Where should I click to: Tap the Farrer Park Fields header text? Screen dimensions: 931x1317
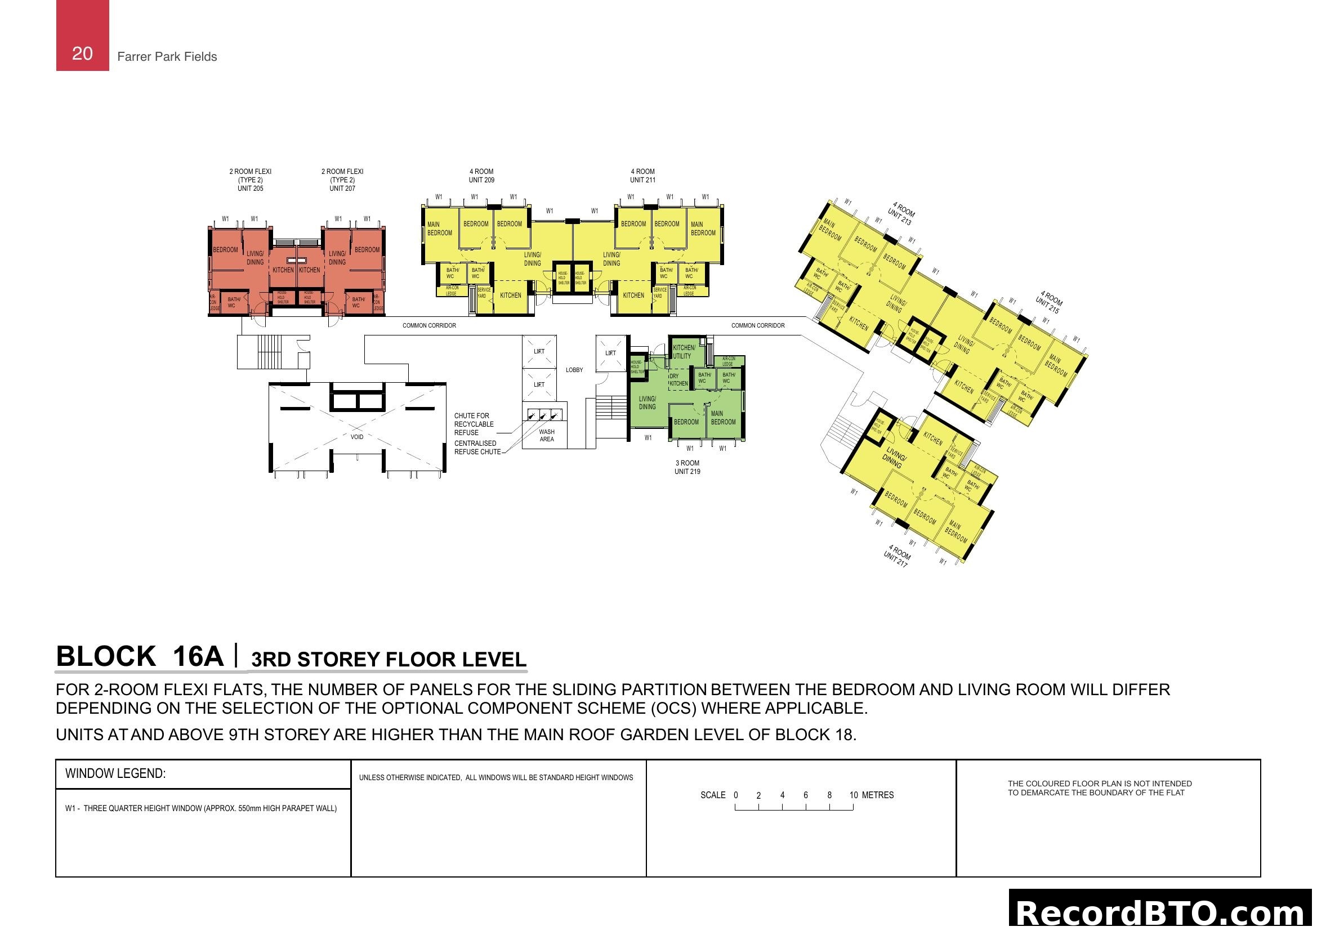167,57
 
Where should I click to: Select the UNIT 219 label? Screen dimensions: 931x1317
687,472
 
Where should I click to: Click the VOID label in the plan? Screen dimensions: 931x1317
357,437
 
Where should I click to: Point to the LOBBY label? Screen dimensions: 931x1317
574,370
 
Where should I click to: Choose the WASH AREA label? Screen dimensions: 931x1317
547,436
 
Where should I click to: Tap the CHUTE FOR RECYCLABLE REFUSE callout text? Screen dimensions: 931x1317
474,424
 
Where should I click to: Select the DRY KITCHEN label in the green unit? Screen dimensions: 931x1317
678,380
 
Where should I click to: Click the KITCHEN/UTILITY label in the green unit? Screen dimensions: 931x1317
684,352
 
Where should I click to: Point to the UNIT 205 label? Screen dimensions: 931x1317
250,189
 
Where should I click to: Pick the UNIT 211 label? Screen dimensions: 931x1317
642,180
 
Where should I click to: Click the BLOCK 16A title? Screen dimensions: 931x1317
140,656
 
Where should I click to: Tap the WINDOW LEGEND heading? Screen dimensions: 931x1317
115,773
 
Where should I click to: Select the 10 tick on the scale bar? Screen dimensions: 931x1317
854,796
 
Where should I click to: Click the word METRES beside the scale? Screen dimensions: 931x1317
878,795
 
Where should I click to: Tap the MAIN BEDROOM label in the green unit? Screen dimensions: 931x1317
723,418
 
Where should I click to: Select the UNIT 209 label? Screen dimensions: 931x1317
481,180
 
